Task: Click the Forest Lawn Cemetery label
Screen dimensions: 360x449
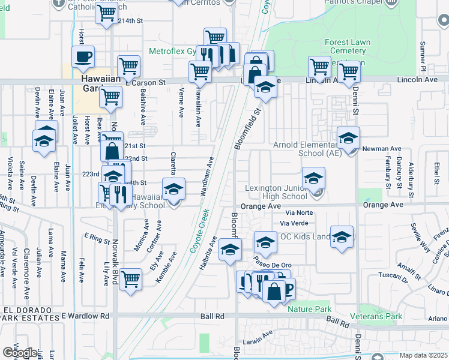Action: tap(348, 47)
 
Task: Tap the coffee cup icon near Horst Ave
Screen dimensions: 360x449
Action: tap(83, 58)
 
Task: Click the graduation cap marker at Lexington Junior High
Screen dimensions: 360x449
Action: tap(313, 178)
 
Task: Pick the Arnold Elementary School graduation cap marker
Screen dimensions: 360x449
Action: tap(348, 139)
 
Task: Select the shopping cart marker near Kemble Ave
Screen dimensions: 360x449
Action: tap(130, 278)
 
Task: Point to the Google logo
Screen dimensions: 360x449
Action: tap(19, 352)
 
